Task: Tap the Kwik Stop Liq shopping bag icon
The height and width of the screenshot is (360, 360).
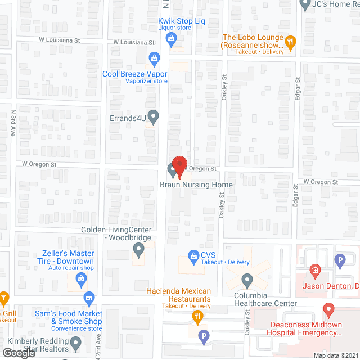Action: (x=172, y=38)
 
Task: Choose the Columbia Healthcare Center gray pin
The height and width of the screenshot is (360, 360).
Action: (x=246, y=279)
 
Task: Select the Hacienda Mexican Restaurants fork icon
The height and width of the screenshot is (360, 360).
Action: (x=197, y=316)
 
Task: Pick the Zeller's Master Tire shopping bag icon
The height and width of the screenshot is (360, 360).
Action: (x=83, y=278)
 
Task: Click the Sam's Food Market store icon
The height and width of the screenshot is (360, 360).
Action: (x=88, y=297)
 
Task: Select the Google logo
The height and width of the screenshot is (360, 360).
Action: (x=19, y=353)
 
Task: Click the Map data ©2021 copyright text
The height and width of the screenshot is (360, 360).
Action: (x=335, y=355)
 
